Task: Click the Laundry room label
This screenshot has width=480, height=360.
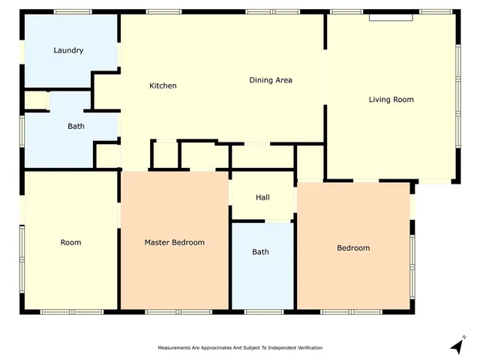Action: coord(68,50)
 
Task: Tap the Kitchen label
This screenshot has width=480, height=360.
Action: coord(163,85)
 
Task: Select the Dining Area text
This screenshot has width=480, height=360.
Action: coord(271,80)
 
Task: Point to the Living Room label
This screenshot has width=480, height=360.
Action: coord(391,99)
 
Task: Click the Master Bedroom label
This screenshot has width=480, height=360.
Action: coord(174,242)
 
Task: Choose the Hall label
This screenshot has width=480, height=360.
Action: coord(262,197)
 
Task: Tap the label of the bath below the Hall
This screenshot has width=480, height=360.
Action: coord(260,252)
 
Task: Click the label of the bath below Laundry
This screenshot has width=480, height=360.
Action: coord(76,126)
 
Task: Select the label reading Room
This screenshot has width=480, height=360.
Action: coord(71,242)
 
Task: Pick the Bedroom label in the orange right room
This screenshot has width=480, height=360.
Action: coord(352,247)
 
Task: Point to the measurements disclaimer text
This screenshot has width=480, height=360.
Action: coord(239,348)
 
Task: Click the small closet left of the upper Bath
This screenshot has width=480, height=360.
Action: coord(36,100)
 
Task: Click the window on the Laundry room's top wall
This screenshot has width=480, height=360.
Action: coord(73,12)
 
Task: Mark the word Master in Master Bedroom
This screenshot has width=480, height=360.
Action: coord(158,242)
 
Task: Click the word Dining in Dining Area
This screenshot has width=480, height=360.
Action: coord(261,80)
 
